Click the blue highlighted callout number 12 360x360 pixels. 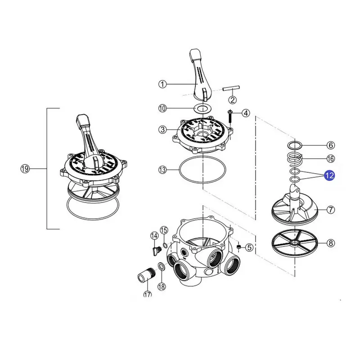[x=329, y=175]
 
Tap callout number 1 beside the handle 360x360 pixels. [x=162, y=84]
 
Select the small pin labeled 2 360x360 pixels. [x=231, y=88]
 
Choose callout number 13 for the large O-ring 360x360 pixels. [x=162, y=170]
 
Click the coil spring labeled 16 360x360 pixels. [x=295, y=160]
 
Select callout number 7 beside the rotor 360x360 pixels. [x=331, y=210]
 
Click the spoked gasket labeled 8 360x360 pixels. [x=295, y=243]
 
